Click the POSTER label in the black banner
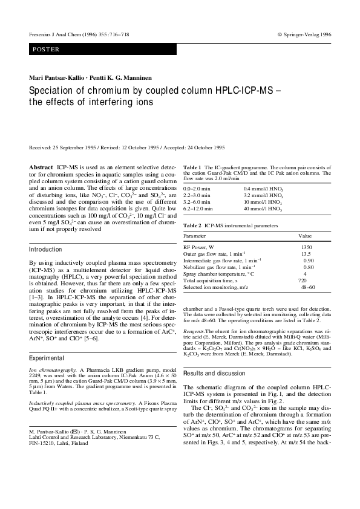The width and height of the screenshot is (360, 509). tap(47, 49)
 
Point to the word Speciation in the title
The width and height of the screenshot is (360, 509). tap(53, 90)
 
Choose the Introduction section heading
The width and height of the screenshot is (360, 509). tap(46, 249)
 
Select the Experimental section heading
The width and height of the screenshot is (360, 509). tap(47, 358)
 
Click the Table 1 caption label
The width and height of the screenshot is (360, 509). tap(192, 166)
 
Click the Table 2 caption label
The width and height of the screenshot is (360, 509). tap(192, 225)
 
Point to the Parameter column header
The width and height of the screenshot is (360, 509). tap(195, 235)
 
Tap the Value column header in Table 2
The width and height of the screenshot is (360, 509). tap(305, 235)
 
